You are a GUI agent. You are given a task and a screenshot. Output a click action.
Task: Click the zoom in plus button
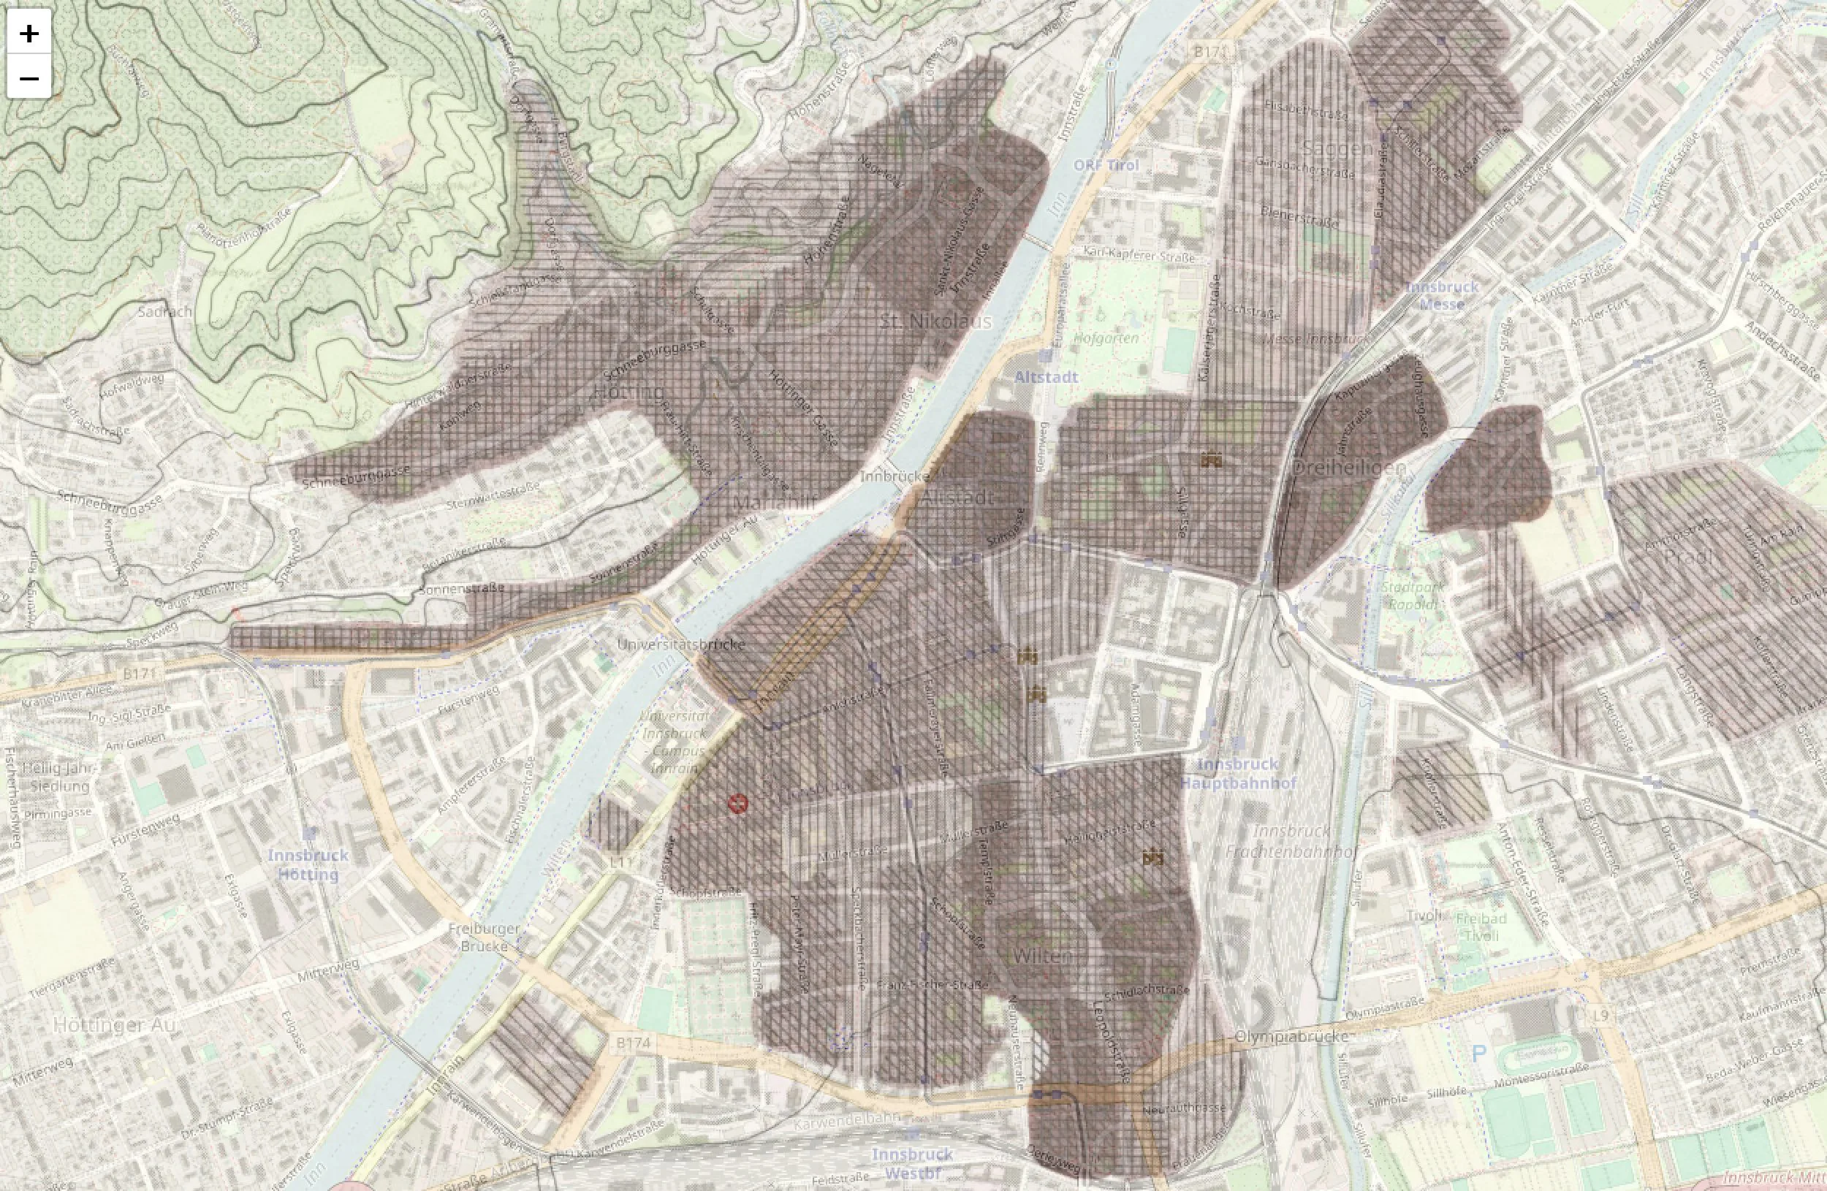[x=29, y=33]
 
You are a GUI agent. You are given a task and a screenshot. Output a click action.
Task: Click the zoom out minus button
[x=29, y=77]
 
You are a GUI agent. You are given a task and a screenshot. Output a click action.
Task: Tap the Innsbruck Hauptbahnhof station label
[x=1237, y=774]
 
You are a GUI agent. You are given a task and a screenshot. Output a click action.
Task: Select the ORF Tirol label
[x=1106, y=165]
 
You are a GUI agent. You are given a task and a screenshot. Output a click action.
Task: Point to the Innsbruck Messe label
[x=1442, y=295]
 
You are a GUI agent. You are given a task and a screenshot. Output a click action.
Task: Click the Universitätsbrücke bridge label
[x=681, y=644]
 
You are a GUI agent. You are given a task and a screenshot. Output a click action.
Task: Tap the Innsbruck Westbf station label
[x=912, y=1164]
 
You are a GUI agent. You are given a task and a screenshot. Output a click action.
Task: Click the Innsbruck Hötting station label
[x=308, y=865]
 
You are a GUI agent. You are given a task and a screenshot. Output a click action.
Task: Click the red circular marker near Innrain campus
[x=737, y=804]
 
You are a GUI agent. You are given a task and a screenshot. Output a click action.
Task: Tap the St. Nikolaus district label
[x=935, y=321]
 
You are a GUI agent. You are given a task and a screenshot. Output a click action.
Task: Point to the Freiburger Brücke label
[x=484, y=937]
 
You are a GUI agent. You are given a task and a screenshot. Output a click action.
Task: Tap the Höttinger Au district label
[x=115, y=1025]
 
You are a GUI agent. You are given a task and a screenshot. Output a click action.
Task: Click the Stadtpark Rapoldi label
[x=1413, y=595]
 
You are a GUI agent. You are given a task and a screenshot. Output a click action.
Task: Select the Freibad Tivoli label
[x=1481, y=927]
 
